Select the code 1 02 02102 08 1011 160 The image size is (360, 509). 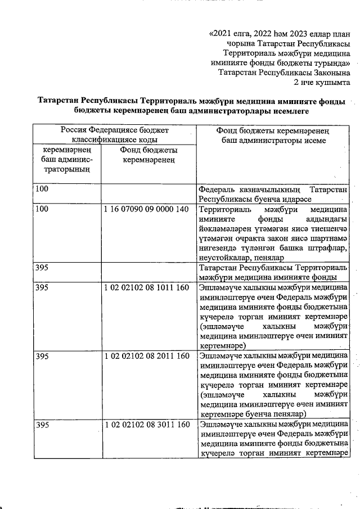pyautogui.click(x=146, y=287)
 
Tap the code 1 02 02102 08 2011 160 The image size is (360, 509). pyautogui.click(x=146, y=356)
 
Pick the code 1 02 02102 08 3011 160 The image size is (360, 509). pyautogui.click(x=146, y=424)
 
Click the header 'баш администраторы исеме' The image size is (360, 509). pyautogui.click(x=273, y=140)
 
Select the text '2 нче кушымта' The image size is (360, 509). pyautogui.click(x=322, y=82)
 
